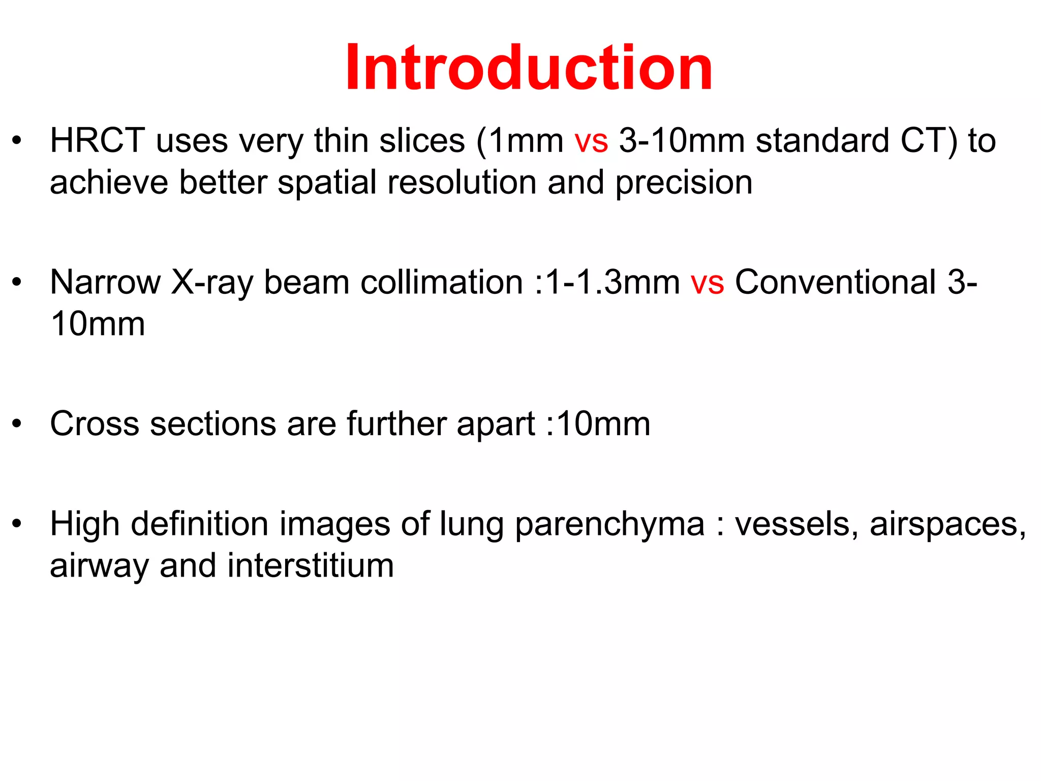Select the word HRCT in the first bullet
97,141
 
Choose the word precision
684,183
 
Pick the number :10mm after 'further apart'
598,424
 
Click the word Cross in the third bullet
94,424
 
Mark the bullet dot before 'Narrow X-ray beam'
17,283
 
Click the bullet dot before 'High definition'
17,524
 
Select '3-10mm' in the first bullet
682,141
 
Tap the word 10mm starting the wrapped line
98,324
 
